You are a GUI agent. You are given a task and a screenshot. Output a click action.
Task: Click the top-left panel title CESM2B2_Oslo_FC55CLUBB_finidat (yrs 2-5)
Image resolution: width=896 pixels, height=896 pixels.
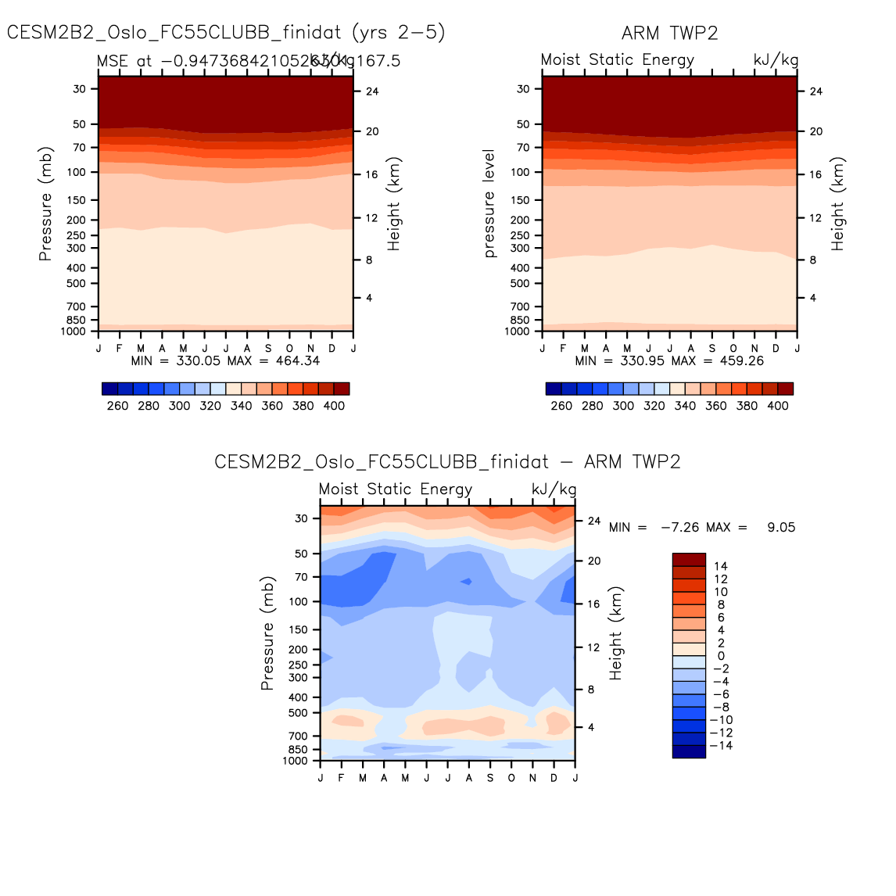coord(226,32)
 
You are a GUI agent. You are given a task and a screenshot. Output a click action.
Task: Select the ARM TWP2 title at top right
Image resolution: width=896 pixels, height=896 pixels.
coord(669,33)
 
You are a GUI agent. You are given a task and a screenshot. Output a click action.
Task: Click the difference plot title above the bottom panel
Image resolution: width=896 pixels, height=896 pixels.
coord(447,461)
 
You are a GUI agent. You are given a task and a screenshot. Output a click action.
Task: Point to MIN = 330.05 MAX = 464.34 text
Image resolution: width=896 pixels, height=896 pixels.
coord(225,360)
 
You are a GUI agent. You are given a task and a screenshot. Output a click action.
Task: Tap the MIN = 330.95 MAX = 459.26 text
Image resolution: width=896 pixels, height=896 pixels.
coord(669,360)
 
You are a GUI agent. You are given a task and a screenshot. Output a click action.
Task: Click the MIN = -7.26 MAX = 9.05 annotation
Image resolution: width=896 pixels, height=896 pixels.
coord(701,527)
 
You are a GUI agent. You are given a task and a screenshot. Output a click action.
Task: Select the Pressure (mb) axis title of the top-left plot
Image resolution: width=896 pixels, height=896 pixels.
coord(46,204)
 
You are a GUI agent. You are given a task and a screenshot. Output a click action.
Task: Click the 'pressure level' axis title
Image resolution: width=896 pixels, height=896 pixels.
coord(489,203)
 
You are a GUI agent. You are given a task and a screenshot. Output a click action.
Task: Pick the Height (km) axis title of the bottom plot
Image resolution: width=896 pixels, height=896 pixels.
coord(616,633)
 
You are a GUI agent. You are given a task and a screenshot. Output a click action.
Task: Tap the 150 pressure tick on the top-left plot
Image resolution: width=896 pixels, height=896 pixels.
coord(76,200)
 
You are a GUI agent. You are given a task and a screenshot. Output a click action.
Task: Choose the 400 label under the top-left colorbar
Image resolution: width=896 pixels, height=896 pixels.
coord(334,406)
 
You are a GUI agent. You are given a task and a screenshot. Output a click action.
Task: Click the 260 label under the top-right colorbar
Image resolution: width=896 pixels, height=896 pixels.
coord(561,406)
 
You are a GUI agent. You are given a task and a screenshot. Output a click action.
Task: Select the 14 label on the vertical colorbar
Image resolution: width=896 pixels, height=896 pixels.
coord(721,566)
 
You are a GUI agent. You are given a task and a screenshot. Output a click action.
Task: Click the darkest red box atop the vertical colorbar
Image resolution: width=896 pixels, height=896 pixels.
coord(689,560)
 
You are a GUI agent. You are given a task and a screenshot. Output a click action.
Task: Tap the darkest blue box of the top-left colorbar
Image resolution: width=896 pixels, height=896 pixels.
coord(109,389)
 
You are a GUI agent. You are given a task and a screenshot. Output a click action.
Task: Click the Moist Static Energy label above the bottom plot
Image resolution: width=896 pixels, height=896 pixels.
coord(396,489)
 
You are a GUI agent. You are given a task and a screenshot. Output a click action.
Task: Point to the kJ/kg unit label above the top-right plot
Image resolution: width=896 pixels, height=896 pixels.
coord(776,60)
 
